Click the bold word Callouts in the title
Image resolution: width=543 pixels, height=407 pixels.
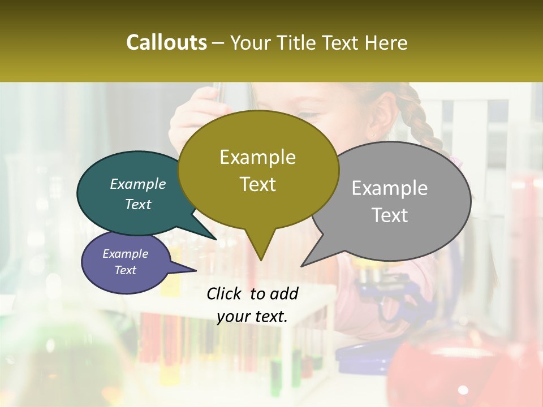click(166, 42)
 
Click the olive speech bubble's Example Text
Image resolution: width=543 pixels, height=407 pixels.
click(258, 170)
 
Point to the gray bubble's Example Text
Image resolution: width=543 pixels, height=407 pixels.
click(390, 201)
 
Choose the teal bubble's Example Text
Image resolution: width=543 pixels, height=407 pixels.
click(138, 194)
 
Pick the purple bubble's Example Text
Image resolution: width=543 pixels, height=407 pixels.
click(125, 262)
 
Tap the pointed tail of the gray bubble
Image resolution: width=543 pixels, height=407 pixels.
click(308, 262)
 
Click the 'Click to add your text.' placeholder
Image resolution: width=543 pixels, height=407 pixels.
click(252, 305)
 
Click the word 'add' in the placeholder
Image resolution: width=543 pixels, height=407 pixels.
click(284, 293)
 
